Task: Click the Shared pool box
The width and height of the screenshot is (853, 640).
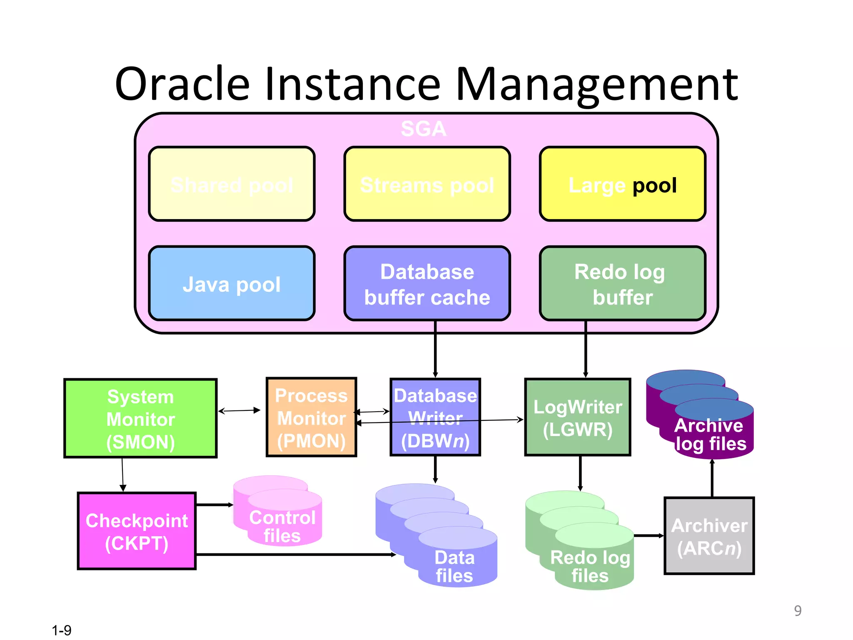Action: [232, 184]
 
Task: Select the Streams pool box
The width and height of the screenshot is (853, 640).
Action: [427, 184]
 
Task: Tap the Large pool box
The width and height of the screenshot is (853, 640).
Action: [622, 184]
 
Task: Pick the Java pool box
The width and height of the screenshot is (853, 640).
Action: [232, 284]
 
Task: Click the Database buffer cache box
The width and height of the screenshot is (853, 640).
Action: [427, 284]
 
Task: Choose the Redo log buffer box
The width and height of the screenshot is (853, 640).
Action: [622, 284]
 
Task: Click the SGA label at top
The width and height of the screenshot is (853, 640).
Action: [423, 129]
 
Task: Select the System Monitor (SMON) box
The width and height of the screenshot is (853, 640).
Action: [140, 418]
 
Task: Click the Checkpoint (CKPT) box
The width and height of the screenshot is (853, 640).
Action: [137, 531]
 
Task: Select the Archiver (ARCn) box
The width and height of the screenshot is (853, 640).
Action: [709, 536]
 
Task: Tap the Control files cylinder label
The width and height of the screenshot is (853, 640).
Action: [282, 526]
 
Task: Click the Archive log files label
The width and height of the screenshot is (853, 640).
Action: [710, 435]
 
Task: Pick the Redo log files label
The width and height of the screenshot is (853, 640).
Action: [589, 566]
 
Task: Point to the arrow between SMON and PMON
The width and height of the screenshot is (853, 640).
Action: [239, 411]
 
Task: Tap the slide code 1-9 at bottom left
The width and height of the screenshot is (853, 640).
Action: [62, 630]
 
